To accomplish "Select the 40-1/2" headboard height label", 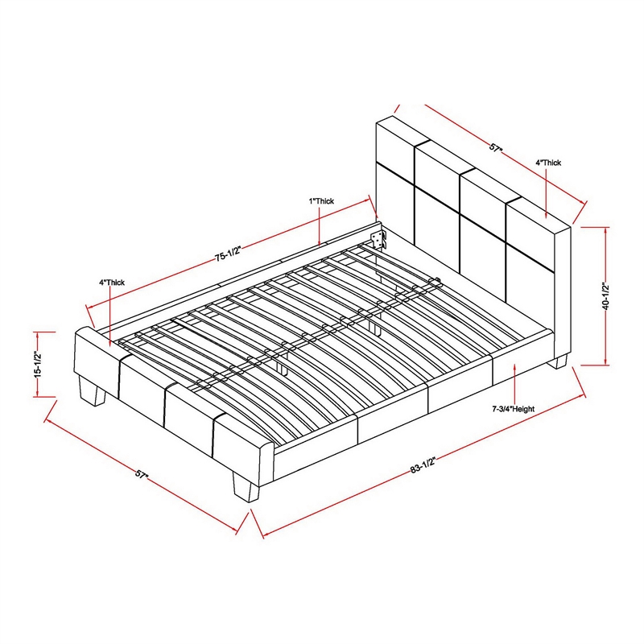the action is click(606, 295).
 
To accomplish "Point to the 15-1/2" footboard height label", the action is click(38, 364).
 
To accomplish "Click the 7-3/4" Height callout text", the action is click(514, 409).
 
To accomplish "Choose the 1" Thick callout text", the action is click(321, 201).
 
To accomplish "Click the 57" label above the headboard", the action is click(497, 148).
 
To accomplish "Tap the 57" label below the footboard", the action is click(142, 474).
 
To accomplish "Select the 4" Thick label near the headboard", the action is click(548, 163).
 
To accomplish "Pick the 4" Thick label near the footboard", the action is click(112, 283).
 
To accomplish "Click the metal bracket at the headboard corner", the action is click(378, 239).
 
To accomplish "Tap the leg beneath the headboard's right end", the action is click(559, 361).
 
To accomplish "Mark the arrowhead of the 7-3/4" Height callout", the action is click(514, 367).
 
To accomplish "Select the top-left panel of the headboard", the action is click(395, 142).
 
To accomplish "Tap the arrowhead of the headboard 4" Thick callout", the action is click(546, 214).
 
